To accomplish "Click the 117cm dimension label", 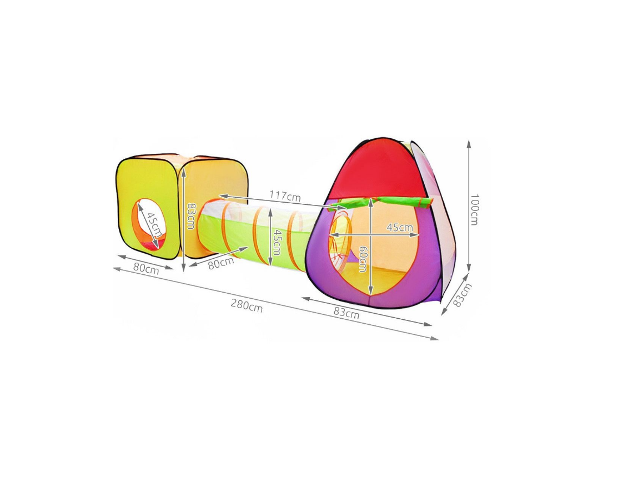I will pos(285,196).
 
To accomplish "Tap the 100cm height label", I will pos(473,209).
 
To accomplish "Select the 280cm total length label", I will pos(247,306).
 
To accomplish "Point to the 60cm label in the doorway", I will pos(363,259).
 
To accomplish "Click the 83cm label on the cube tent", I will pos(190,215).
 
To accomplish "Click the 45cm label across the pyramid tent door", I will pos(400,227).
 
